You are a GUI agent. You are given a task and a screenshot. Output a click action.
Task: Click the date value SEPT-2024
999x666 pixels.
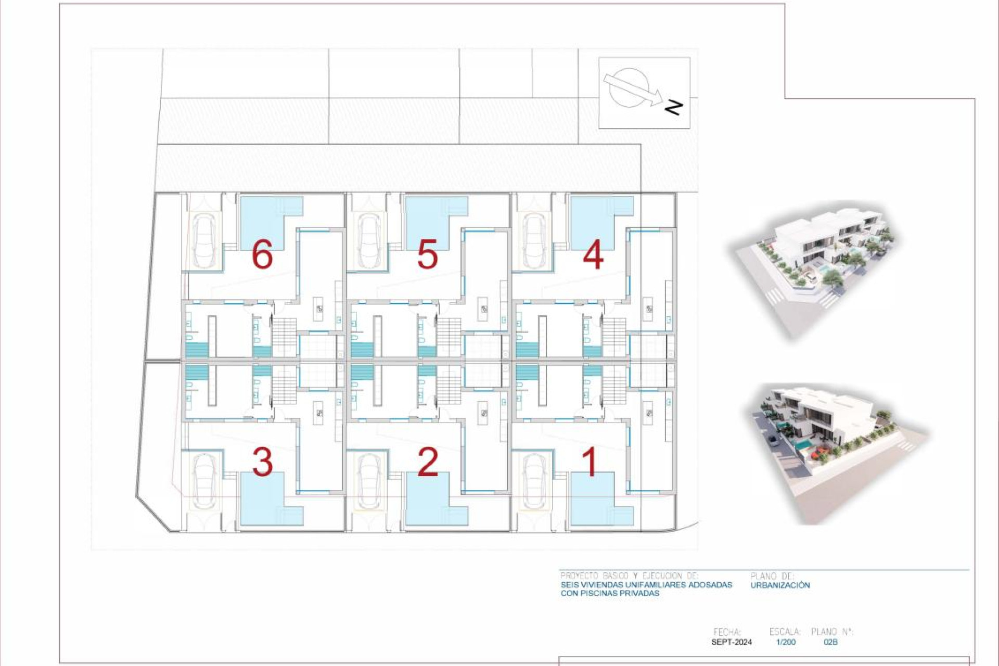click(731, 642)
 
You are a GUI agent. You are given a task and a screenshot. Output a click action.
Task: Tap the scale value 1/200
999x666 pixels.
click(786, 642)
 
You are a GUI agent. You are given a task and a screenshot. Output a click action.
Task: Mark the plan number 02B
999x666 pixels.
click(830, 642)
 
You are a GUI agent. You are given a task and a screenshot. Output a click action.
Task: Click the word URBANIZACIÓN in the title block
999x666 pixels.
click(780, 585)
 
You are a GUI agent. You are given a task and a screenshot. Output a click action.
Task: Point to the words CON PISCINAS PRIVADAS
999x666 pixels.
click(610, 593)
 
